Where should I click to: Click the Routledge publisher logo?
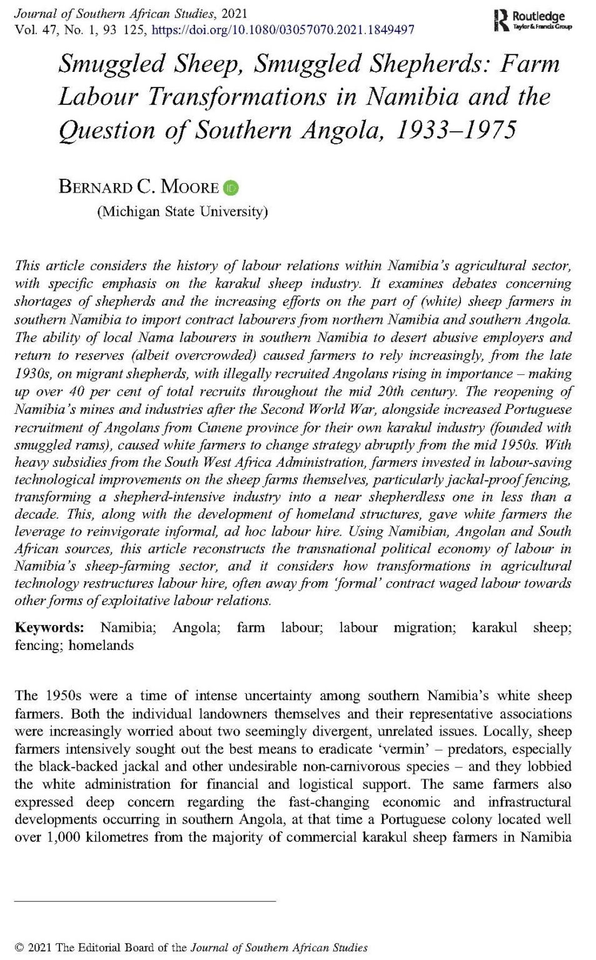click(x=532, y=20)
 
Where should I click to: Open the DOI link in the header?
click(x=283, y=29)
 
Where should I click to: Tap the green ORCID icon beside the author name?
click(x=231, y=187)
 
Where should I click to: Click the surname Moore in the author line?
click(x=189, y=187)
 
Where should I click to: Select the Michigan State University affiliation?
click(x=182, y=211)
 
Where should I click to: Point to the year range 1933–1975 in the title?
click(x=456, y=130)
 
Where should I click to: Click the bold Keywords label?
click(x=49, y=627)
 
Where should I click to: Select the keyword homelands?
click(x=101, y=644)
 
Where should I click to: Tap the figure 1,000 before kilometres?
click(x=64, y=837)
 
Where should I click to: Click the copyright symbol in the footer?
click(x=19, y=947)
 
